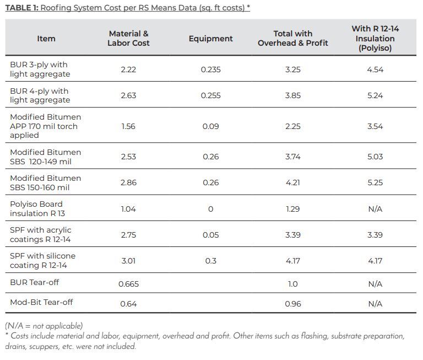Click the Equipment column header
[210, 39]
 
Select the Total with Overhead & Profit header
[292, 39]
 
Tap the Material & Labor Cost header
[128, 39]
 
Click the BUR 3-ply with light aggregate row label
[40, 69]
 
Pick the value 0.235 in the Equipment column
[210, 69]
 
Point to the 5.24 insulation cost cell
[375, 95]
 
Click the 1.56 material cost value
[128, 126]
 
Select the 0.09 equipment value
[210, 126]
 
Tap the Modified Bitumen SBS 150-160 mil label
[45, 183]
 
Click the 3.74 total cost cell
[292, 157]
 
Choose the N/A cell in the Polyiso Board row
[375, 209]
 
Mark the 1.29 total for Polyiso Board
[292, 209]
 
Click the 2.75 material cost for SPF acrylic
[128, 235]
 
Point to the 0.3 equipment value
[210, 261]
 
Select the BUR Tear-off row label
[35, 282]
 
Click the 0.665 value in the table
[128, 284]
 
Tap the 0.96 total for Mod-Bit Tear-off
[292, 304]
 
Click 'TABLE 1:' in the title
[22, 8]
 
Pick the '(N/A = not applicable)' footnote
[44, 326]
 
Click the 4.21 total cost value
[292, 182]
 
